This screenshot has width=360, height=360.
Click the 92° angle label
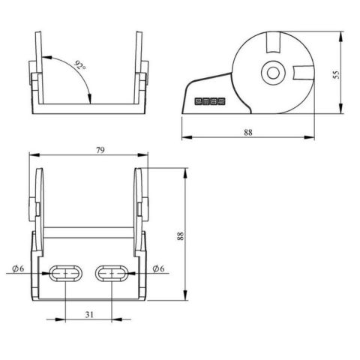point(80,65)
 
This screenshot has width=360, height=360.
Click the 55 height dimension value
point(337,74)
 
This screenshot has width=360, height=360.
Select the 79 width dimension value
point(100,150)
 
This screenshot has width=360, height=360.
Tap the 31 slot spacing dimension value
point(89,314)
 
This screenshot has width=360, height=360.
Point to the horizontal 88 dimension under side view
point(248,132)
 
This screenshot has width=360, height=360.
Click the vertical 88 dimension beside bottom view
point(180,236)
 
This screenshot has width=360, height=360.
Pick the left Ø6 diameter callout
point(18,268)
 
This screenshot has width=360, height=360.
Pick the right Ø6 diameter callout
point(158,268)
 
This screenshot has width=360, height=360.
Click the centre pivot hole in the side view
point(273,73)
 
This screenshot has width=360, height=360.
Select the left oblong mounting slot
point(66,273)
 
